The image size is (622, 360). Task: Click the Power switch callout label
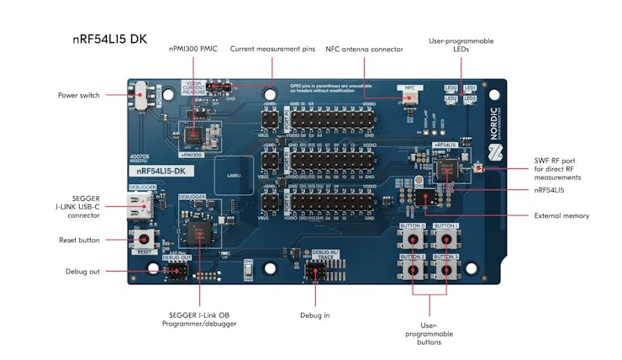tap(79, 95)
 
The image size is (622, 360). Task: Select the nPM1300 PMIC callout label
tap(192, 49)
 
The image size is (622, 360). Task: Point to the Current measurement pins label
tap(273, 49)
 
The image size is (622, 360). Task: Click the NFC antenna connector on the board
tap(411, 98)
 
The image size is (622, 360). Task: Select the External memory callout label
tap(561, 215)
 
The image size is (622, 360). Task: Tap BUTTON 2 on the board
tap(413, 268)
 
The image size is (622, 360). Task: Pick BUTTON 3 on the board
tap(446, 268)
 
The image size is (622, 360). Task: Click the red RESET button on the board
tap(141, 241)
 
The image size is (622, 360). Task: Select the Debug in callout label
tap(315, 315)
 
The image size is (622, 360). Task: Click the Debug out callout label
tap(82, 271)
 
